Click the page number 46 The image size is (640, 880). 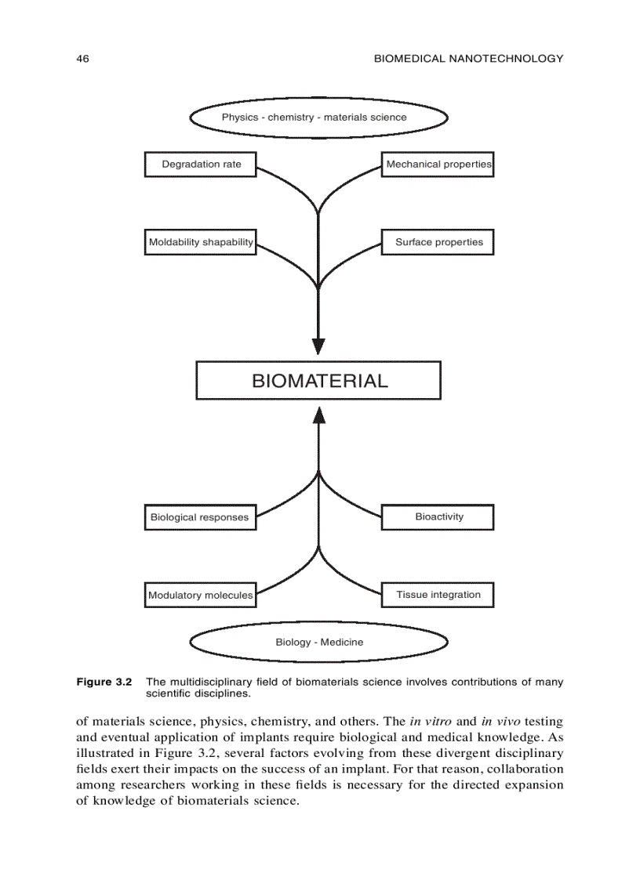pyautogui.click(x=82, y=59)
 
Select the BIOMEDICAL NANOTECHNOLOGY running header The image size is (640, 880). pyautogui.click(x=469, y=59)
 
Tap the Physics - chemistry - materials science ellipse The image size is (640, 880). pyautogui.click(x=318, y=118)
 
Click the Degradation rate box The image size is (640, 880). pyautogui.click(x=201, y=165)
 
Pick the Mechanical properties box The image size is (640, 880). pyautogui.click(x=438, y=165)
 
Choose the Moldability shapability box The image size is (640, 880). pyautogui.click(x=201, y=242)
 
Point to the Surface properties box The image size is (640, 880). pyautogui.click(x=438, y=242)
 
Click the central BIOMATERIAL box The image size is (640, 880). pyautogui.click(x=318, y=381)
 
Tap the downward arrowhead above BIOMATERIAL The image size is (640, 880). pyautogui.click(x=318, y=346)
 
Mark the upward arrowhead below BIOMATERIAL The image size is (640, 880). pyautogui.click(x=318, y=415)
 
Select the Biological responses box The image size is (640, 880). pyautogui.click(x=201, y=517)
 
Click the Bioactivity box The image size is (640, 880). pyautogui.click(x=438, y=517)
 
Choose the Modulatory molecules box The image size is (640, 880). pyautogui.click(x=201, y=595)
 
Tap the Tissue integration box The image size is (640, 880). pyautogui.click(x=438, y=595)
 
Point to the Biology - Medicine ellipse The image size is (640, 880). pyautogui.click(x=318, y=643)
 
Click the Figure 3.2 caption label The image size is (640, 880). pyautogui.click(x=104, y=682)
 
